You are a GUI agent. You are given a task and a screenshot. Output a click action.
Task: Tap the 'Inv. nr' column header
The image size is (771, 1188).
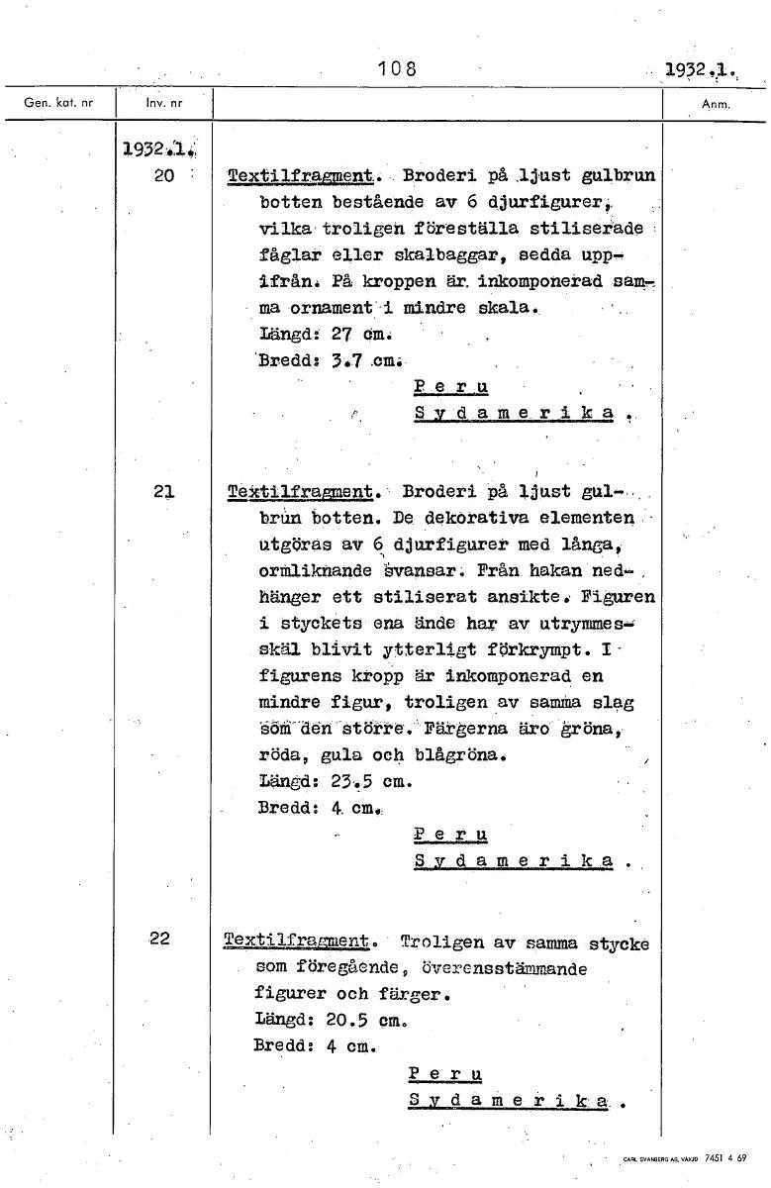[163, 103]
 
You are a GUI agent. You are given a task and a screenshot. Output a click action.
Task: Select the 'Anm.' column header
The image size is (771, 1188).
[715, 103]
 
